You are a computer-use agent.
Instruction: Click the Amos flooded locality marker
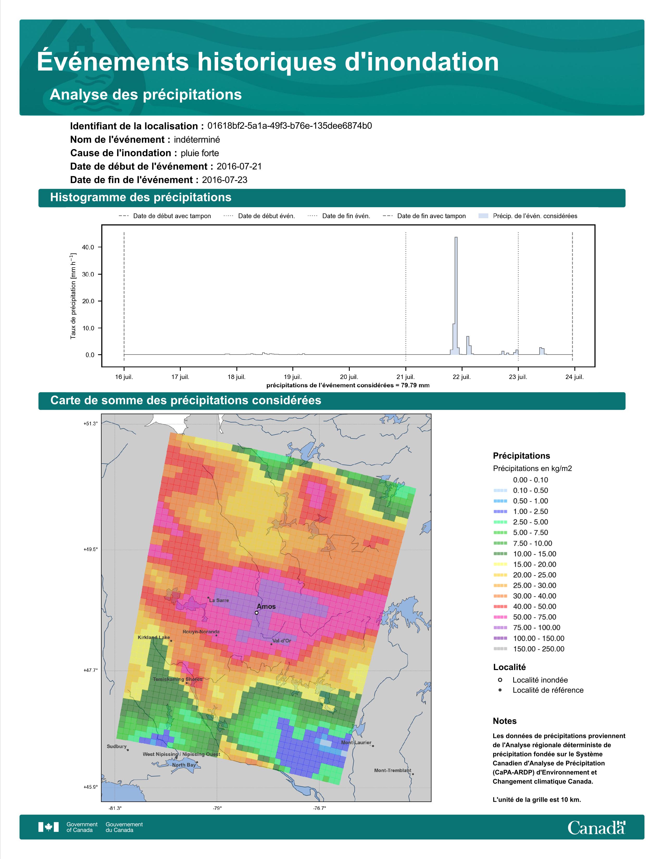tap(256, 612)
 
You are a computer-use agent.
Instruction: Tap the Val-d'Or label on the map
tap(282, 641)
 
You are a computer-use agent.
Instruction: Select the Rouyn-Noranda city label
tap(201, 632)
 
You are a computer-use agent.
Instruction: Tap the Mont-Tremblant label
tap(393, 770)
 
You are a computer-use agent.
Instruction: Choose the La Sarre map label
tap(219, 600)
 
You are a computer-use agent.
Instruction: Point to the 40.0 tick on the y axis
tap(88, 247)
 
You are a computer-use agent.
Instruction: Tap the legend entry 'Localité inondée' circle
tap(500, 680)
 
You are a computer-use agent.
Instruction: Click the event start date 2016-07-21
tap(239, 166)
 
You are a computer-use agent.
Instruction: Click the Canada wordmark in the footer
tap(596, 828)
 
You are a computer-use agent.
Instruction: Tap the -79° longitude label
tap(217, 808)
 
